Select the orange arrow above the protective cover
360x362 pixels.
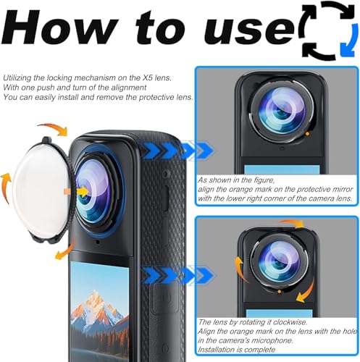pos(56,130)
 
